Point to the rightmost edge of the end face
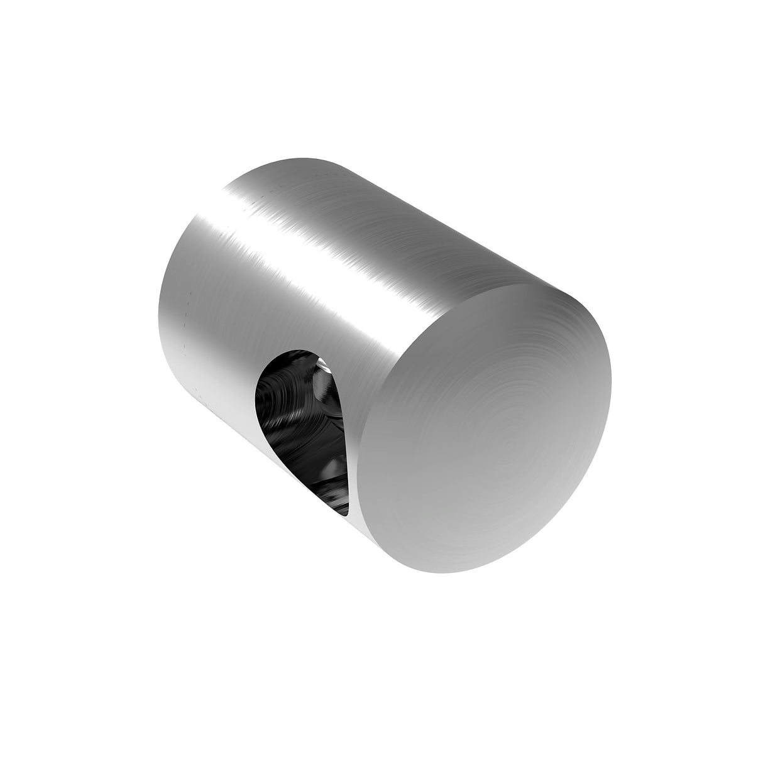point(611,389)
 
